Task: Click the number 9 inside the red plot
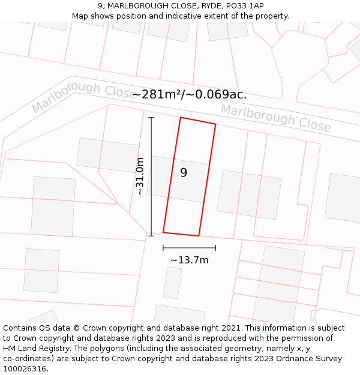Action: (184, 173)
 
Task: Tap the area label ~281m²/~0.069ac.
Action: (189, 95)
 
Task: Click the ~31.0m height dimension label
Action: (140, 176)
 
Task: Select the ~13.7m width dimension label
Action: (189, 260)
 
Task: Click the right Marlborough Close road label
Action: (275, 118)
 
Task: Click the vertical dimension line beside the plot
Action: (151, 176)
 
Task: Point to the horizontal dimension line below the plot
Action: (189, 247)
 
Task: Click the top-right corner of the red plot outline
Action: (215, 124)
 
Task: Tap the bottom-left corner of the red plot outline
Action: (163, 232)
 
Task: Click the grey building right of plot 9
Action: (249, 194)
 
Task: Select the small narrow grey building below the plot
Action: (173, 283)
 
